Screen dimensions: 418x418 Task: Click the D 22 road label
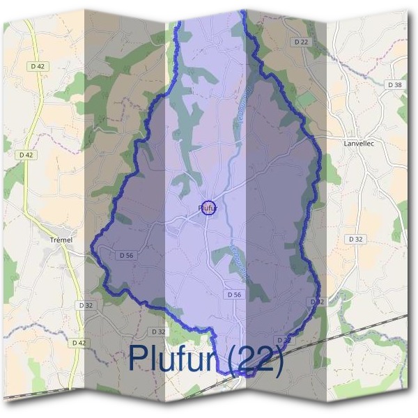[x=301, y=42]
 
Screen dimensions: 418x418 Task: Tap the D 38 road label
[x=394, y=84]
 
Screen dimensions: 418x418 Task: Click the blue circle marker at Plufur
[x=208, y=207]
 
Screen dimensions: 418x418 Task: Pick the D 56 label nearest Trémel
[x=126, y=255]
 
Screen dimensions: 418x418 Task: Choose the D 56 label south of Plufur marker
[x=233, y=295]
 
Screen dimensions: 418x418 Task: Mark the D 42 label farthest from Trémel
[x=38, y=66]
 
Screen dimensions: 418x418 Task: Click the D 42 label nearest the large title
[x=79, y=343]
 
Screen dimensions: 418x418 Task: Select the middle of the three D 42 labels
[x=26, y=155]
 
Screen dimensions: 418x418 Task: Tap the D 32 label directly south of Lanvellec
[x=356, y=238]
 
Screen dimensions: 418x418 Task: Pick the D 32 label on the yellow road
[x=86, y=305]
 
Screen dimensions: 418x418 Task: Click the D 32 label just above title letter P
[x=158, y=332]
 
